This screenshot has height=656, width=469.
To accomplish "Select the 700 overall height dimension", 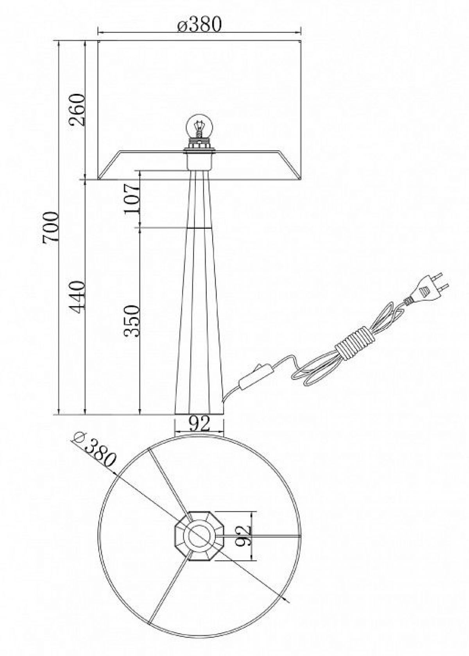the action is click(x=51, y=227).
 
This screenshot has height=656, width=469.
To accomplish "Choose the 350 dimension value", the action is click(x=131, y=321).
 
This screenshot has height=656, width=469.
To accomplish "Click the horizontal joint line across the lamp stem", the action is click(x=199, y=227).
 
